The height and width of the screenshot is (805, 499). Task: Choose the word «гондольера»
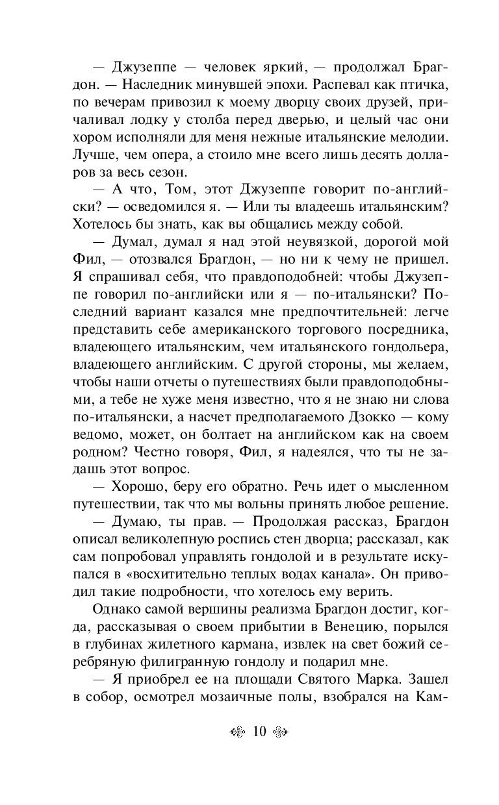[x=405, y=345]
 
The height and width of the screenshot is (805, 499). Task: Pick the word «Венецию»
[x=342, y=625]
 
